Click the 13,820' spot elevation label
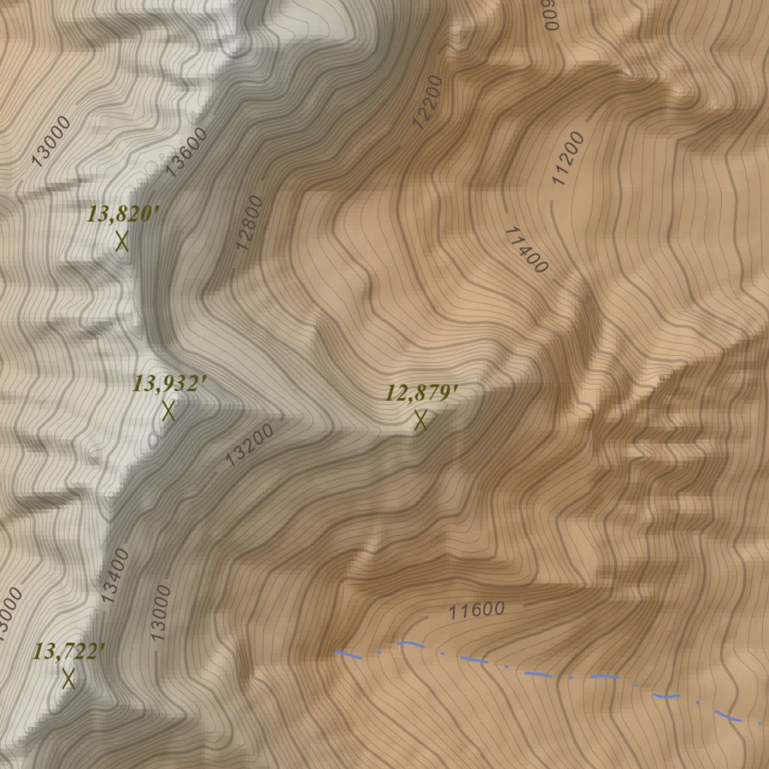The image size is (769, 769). click(x=123, y=215)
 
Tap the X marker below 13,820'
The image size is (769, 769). click(x=122, y=241)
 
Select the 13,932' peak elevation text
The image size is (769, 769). click(x=170, y=384)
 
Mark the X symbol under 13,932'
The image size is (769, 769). click(x=169, y=411)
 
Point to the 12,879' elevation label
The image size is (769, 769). click(x=422, y=393)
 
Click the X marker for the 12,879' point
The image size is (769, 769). click(x=421, y=421)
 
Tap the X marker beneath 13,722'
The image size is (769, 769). click(x=69, y=679)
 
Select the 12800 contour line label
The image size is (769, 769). click(x=249, y=222)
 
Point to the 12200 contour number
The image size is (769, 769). click(x=428, y=101)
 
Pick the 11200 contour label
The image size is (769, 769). click(x=568, y=158)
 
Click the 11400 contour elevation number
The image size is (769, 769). click(x=526, y=249)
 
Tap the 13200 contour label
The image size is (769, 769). click(x=249, y=445)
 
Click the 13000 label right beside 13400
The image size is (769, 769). click(x=161, y=613)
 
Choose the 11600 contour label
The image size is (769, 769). click(x=477, y=611)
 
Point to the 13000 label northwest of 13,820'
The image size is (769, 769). click(x=52, y=140)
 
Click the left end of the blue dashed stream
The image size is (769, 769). click(x=337, y=653)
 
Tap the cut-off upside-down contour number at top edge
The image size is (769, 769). click(x=552, y=14)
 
